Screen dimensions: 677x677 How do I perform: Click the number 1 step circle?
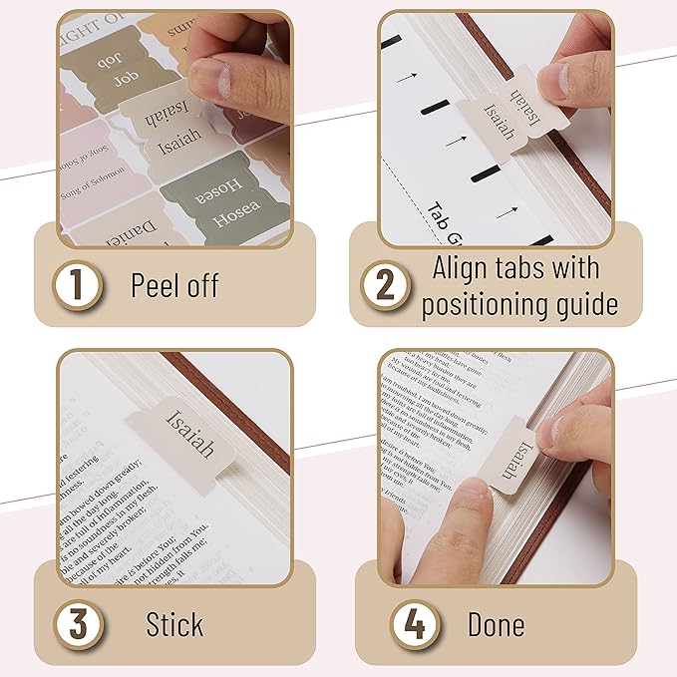pyautogui.click(x=77, y=287)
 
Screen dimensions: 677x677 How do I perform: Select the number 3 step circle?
pyautogui.click(x=77, y=625)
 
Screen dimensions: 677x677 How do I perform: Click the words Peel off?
pyautogui.click(x=174, y=286)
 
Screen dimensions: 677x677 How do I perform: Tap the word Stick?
pyautogui.click(x=174, y=625)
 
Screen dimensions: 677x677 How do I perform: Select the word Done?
pyautogui.click(x=496, y=625)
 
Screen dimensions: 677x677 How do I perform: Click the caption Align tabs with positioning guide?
pyautogui.click(x=518, y=286)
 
